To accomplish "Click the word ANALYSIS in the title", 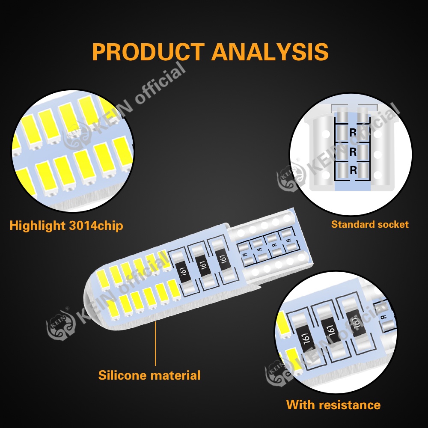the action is click(x=270, y=52).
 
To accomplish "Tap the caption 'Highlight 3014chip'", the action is click(x=66, y=226).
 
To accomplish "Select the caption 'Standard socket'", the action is click(x=370, y=224).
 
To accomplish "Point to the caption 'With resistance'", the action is click(x=333, y=404).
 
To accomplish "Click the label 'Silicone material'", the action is click(x=149, y=375).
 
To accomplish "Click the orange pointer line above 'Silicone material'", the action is click(x=155, y=342).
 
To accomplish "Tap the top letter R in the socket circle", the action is click(x=353, y=133).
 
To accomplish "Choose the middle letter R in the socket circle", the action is click(x=353, y=152).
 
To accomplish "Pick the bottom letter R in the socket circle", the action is click(x=353, y=170).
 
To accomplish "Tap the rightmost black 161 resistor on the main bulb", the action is click(x=222, y=259).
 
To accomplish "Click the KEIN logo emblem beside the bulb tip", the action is click(x=60, y=327).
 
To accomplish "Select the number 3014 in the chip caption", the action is click(x=82, y=226).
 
